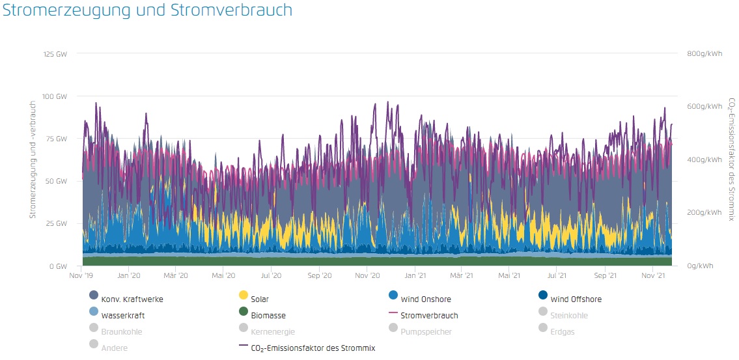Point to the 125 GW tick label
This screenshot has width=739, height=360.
click(x=55, y=53)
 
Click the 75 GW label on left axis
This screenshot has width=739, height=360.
click(x=56, y=139)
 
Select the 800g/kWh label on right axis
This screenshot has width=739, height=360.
click(x=705, y=53)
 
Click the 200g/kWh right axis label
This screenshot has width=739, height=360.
click(x=705, y=213)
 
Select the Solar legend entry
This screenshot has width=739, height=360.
click(x=259, y=299)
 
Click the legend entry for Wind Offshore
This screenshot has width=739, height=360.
click(x=576, y=299)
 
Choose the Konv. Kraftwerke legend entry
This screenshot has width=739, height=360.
click(x=132, y=299)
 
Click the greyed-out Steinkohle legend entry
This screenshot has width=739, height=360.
click(x=569, y=316)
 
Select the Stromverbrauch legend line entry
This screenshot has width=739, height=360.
click(x=429, y=316)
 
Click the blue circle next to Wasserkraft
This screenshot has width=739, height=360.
click(x=94, y=316)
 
